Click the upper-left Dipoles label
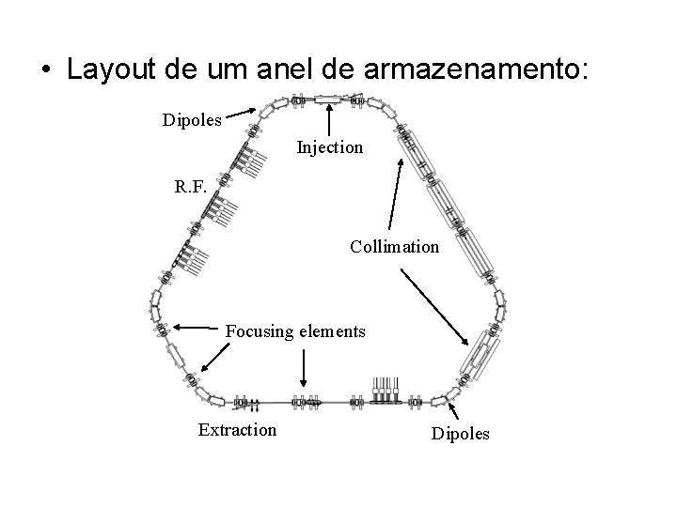(193, 120)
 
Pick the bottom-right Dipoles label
(460, 435)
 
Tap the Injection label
(329, 147)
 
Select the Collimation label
(394, 247)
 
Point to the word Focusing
(259, 330)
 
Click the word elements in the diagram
(331, 330)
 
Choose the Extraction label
(237, 430)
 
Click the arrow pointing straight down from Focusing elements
(303, 367)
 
